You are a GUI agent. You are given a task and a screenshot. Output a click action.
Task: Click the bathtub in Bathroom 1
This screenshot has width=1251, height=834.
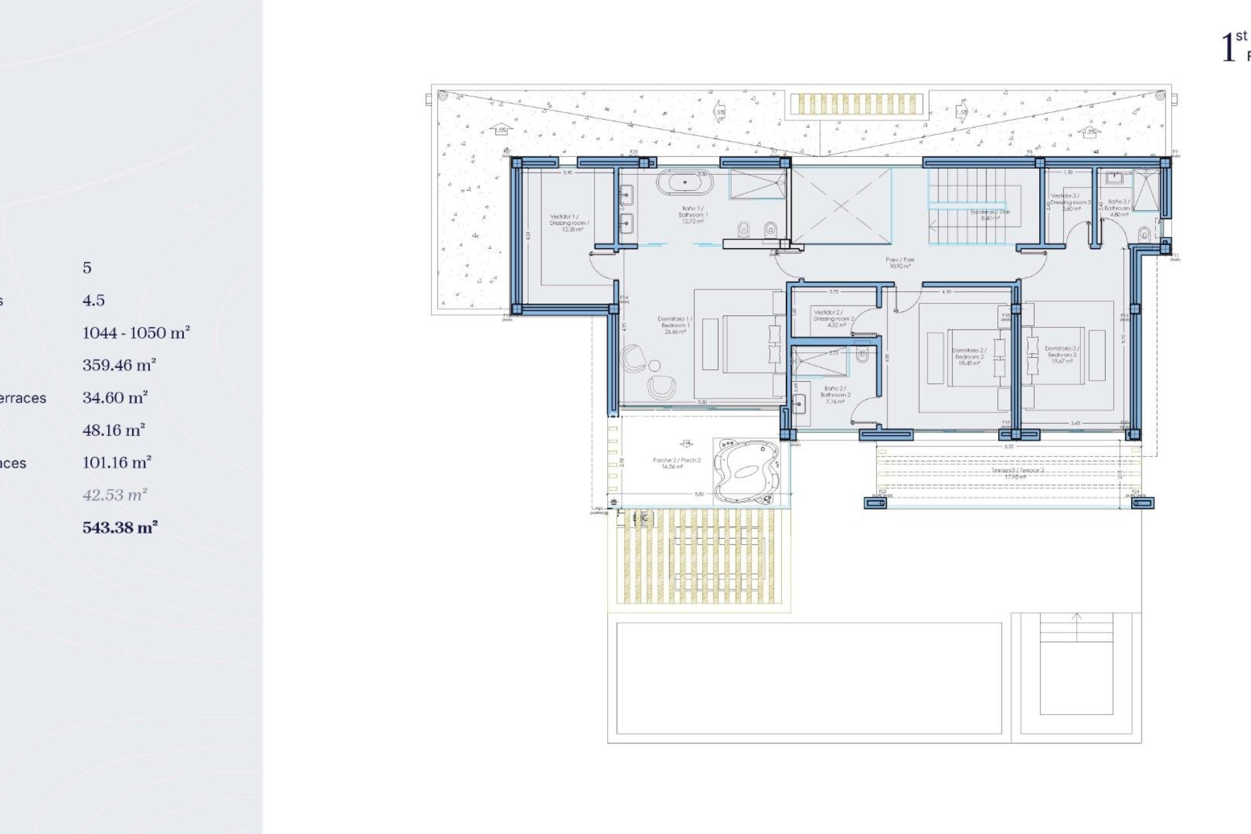[684, 182]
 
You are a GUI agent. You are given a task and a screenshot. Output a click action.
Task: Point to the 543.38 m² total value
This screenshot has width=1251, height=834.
[120, 528]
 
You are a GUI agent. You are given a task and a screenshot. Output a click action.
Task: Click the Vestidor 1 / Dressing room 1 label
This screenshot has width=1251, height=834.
[569, 222]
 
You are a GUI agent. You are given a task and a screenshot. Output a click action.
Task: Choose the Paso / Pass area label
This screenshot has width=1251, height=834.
[900, 263]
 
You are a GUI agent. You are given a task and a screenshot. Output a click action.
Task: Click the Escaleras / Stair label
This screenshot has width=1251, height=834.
[990, 215]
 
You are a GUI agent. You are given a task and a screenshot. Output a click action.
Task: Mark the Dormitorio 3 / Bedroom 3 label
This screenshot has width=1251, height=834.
[1061, 354]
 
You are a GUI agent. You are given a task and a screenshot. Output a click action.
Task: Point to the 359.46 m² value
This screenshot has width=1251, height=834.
[119, 366]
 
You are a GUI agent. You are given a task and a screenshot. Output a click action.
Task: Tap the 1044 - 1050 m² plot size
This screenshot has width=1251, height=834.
[136, 333]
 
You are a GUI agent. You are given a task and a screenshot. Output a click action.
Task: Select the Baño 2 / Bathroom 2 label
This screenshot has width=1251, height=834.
[835, 395]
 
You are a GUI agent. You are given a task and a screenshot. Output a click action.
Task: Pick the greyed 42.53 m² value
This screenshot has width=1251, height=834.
[115, 495]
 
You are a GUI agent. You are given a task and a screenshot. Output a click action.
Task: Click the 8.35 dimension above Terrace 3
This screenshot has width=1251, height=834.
[1009, 447]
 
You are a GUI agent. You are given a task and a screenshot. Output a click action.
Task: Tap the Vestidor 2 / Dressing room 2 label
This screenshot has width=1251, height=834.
[833, 319]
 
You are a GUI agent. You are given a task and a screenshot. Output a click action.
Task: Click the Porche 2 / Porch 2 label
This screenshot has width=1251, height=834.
[676, 463]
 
